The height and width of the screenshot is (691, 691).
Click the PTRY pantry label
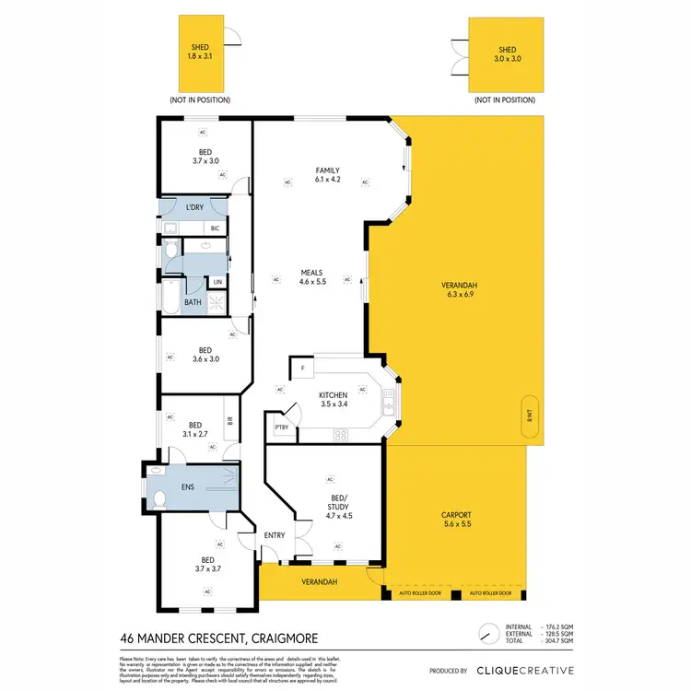point(281,427)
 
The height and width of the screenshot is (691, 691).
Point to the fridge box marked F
point(301,369)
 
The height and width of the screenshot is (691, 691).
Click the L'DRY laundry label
point(194,207)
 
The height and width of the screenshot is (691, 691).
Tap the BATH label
point(192,302)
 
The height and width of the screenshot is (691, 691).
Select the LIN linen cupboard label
point(218,283)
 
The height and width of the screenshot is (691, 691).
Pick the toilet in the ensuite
point(158,498)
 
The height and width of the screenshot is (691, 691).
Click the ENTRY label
point(275,535)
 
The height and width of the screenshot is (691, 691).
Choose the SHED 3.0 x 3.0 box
point(507,54)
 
